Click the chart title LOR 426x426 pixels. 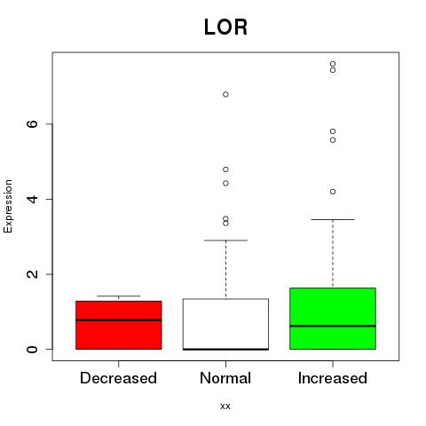tap(225, 28)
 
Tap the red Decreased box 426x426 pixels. tap(119, 325)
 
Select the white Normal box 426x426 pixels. tap(225, 324)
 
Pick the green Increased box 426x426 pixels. tap(333, 319)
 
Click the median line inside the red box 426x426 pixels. tap(119, 320)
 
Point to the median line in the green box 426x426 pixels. tap(333, 326)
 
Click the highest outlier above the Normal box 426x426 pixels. tap(225, 94)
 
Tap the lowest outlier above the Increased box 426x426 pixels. tap(333, 192)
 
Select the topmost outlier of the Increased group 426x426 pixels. tap(333, 64)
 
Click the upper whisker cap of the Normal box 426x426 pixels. tap(225, 241)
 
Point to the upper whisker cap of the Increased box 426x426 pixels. tap(333, 219)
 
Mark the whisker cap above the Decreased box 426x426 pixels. tap(119, 296)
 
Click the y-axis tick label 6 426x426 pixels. tap(32, 124)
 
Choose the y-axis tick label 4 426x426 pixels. tap(32, 199)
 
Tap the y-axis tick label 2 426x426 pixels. tap(32, 274)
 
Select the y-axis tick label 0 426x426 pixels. tap(32, 349)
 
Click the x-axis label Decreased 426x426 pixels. tap(118, 378)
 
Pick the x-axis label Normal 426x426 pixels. tap(225, 378)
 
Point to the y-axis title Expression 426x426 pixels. tap(8, 206)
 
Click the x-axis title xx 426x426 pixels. tap(225, 406)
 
